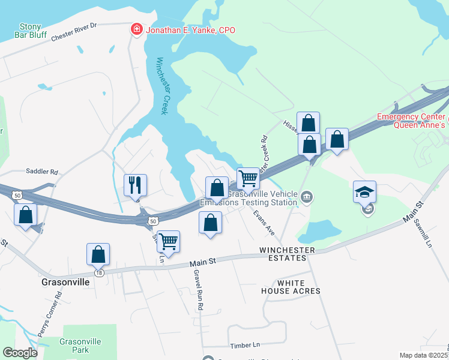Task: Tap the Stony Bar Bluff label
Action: click(x=31, y=31)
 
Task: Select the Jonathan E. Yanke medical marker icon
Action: click(x=137, y=29)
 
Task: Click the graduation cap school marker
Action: click(x=365, y=193)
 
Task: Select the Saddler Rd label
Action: click(x=41, y=172)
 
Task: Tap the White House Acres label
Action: click(x=291, y=287)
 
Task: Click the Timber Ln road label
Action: click(x=245, y=345)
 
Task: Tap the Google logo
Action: click(x=20, y=353)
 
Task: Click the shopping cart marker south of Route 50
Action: click(x=169, y=241)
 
